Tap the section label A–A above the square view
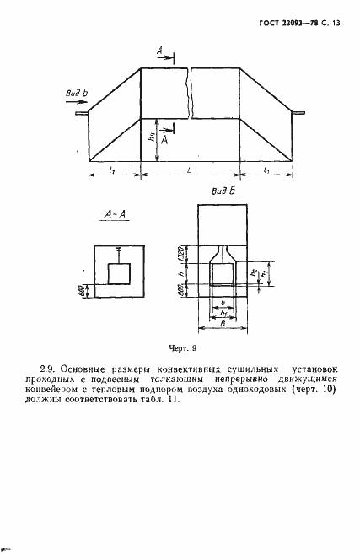point(114,216)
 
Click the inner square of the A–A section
point(120,274)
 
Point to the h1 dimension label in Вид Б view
point(264,275)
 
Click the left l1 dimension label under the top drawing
point(113,170)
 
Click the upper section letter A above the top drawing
point(159,52)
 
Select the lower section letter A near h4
point(164,142)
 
